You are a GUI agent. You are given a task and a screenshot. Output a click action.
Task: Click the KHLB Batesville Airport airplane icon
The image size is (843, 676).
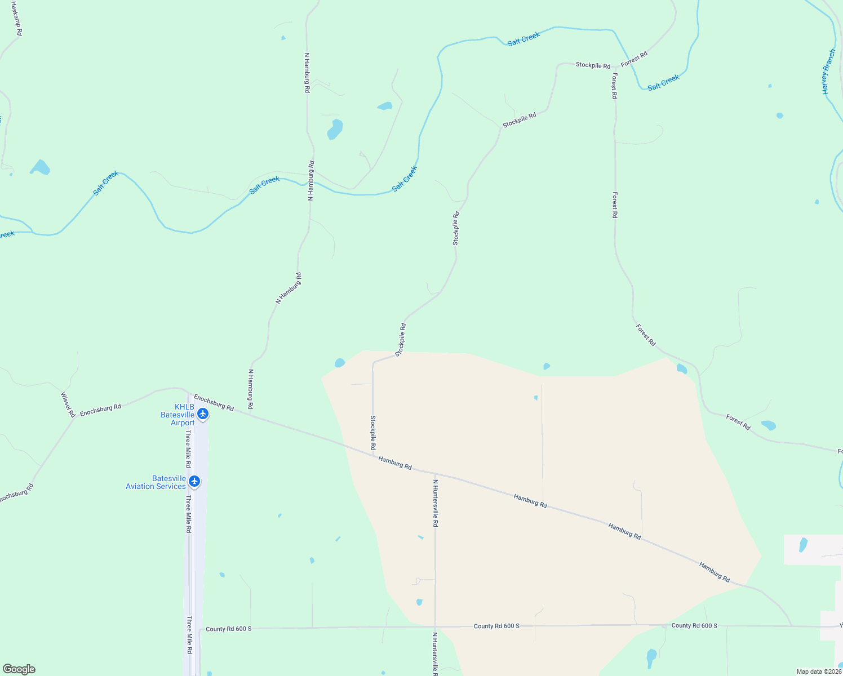(203, 414)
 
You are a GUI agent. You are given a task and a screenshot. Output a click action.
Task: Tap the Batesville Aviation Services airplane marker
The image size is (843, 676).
(194, 481)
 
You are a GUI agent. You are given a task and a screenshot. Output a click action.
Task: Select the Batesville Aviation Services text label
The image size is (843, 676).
(156, 482)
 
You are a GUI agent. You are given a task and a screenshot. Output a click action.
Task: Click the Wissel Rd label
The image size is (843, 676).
(68, 405)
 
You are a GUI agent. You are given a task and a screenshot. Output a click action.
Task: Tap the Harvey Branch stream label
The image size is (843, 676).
(828, 72)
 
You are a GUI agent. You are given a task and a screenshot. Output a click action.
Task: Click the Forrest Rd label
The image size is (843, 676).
(634, 59)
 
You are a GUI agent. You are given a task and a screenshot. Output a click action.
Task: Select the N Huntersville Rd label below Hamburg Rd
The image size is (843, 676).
(435, 502)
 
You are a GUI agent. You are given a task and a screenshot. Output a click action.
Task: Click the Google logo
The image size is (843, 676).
(19, 669)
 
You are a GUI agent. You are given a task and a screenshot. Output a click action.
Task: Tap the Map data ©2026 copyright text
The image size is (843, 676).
(819, 671)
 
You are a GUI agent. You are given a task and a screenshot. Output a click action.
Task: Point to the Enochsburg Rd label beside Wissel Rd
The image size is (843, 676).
(100, 410)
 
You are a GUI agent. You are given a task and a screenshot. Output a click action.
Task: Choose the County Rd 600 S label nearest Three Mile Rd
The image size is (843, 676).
(228, 629)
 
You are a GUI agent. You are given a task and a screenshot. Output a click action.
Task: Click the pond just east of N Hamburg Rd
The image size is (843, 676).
(335, 129)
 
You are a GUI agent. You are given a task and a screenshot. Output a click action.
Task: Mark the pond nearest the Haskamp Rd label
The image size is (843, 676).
(40, 167)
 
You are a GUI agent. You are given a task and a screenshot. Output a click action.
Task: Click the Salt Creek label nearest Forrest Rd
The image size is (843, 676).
(663, 83)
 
